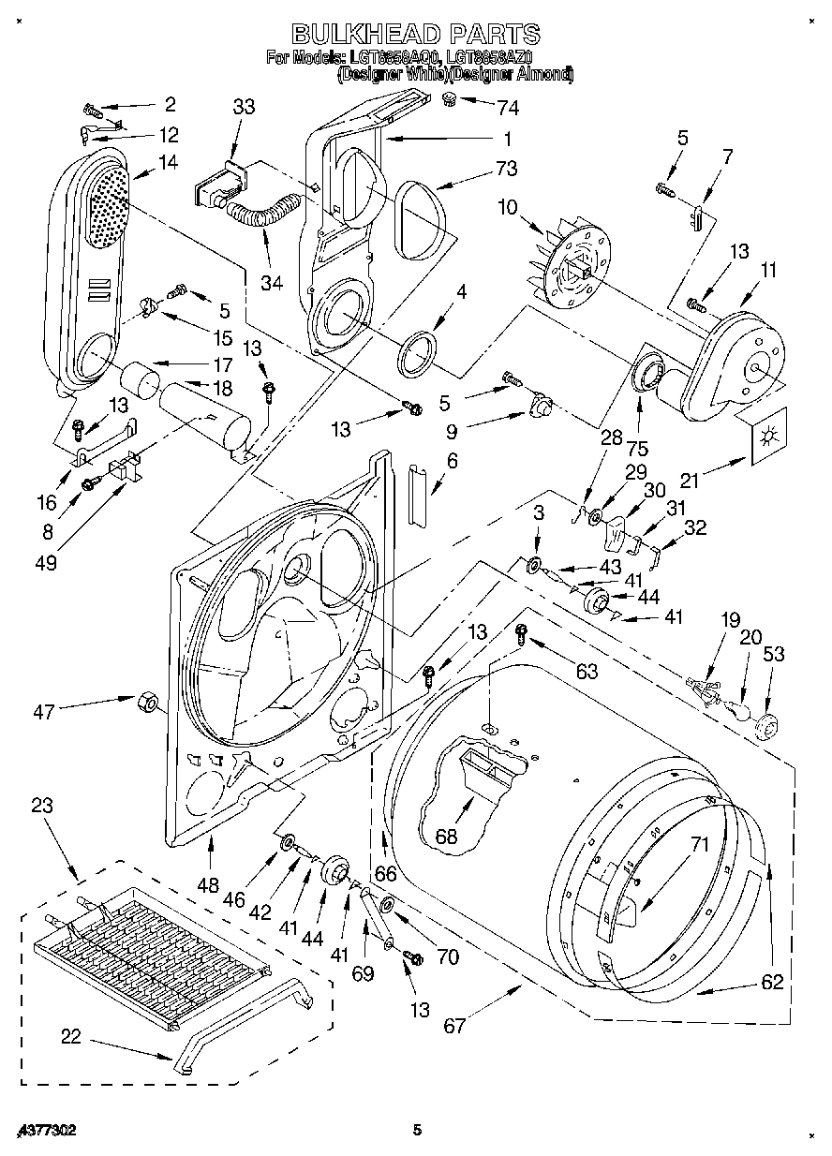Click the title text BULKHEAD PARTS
416,35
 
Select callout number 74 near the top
508,108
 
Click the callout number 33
244,108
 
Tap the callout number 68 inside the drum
446,837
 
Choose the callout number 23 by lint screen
41,806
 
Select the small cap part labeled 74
450,98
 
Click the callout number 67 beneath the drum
453,1026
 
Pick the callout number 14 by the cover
168,161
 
